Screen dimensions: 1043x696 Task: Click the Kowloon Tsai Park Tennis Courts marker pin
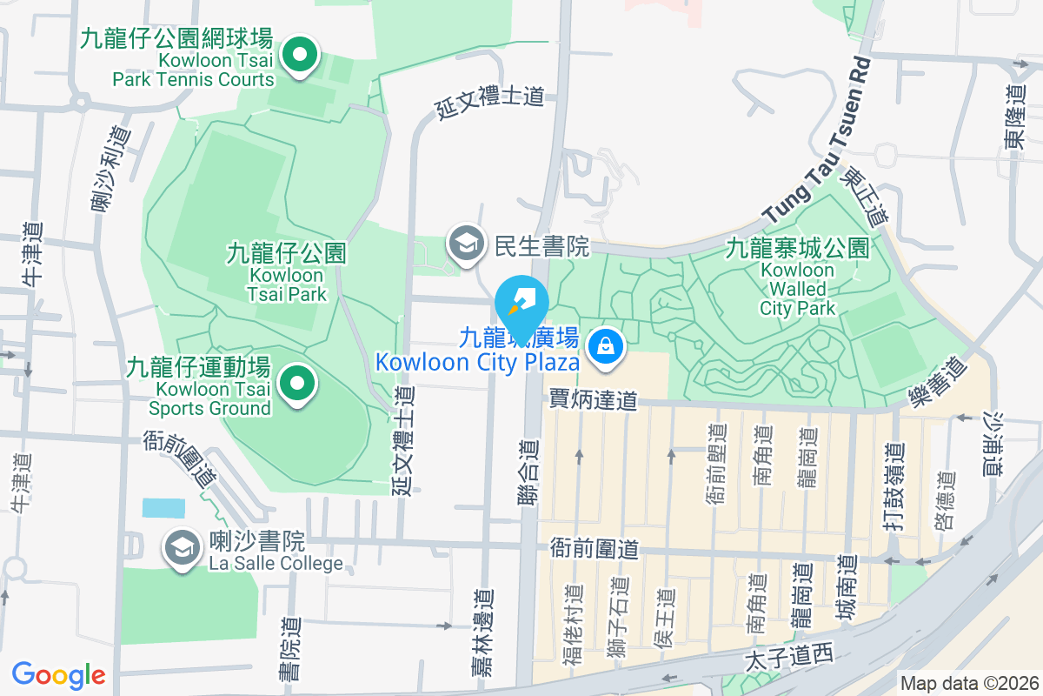pyautogui.click(x=300, y=57)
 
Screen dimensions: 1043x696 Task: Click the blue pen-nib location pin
pyautogui.click(x=521, y=300)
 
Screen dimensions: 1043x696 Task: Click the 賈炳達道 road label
pyautogui.click(x=593, y=400)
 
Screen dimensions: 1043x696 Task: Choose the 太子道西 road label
pyautogui.click(x=788, y=659)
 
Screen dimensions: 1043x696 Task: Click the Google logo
pyautogui.click(x=58, y=675)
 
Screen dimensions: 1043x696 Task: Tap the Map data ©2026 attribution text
pyautogui.click(x=968, y=684)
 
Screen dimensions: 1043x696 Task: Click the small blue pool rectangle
pyautogui.click(x=163, y=508)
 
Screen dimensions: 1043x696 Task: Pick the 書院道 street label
pyautogui.click(x=290, y=648)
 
